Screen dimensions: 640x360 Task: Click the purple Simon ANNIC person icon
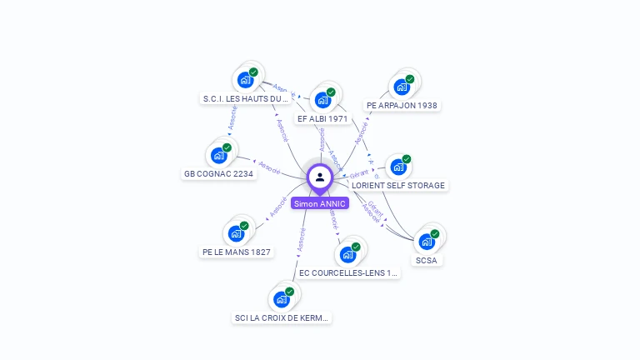point(320,177)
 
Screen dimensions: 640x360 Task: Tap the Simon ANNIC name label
point(320,203)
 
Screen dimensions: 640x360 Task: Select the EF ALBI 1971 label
point(322,118)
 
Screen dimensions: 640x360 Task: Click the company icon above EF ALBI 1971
point(323,99)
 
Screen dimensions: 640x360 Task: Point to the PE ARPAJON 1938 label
point(402,106)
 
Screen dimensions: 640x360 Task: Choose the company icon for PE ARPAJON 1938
point(402,87)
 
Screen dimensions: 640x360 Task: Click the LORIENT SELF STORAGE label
point(398,185)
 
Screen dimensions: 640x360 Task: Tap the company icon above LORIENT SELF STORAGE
point(398,167)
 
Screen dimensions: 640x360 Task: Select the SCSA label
point(427,260)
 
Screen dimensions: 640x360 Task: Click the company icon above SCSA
point(427,242)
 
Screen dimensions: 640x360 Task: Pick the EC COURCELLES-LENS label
point(349,272)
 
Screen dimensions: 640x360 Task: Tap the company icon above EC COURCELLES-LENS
point(348,254)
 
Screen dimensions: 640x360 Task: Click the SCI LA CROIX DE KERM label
point(282,317)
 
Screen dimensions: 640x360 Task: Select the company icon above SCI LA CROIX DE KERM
point(282,299)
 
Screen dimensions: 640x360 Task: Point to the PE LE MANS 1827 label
point(237,252)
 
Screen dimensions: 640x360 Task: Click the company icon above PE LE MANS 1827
point(237,233)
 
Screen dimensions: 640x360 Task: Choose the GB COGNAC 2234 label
point(218,173)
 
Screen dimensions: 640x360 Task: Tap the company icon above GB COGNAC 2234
point(219,155)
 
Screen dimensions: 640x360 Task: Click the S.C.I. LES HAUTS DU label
point(245,98)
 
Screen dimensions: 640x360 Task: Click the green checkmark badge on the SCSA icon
point(435,234)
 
